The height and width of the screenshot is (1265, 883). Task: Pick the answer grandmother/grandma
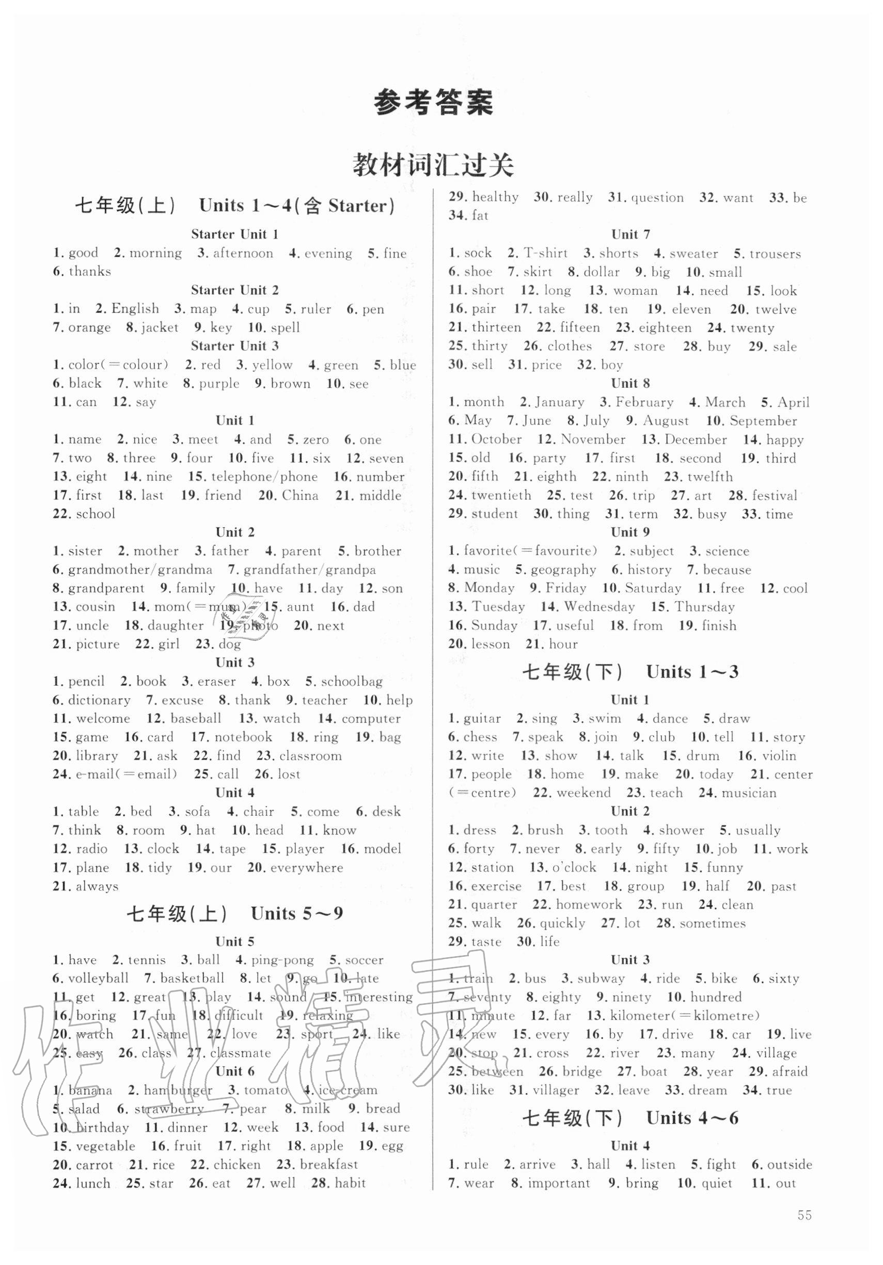tap(140, 569)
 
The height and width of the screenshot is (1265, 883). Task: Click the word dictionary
tap(99, 700)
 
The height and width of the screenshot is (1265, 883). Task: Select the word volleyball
tap(98, 978)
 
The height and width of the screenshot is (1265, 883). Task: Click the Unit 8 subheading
tap(630, 383)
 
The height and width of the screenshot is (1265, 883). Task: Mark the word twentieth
tap(501, 495)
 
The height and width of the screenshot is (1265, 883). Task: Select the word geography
tap(563, 570)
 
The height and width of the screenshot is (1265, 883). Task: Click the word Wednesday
tap(600, 607)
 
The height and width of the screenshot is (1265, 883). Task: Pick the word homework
tap(588, 904)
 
